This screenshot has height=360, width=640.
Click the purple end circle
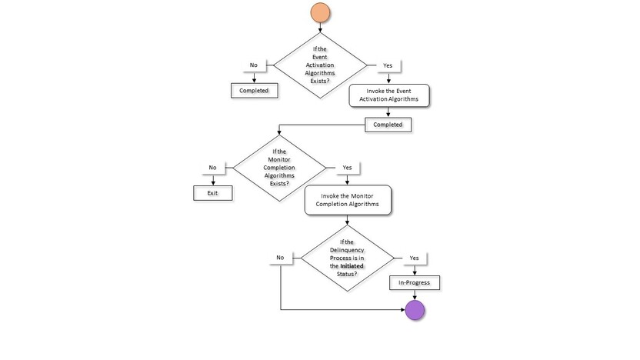click(415, 310)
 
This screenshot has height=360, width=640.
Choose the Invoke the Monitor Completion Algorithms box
click(348, 200)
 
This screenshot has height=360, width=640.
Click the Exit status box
click(212, 193)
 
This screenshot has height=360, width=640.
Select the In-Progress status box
click(415, 282)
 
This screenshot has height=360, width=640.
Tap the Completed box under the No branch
click(253, 90)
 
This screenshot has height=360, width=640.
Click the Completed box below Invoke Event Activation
click(388, 124)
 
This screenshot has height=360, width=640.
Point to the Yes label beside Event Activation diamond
click(387, 66)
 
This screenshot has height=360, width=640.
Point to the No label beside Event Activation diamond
click(253, 66)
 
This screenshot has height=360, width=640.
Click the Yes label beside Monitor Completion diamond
click(347, 168)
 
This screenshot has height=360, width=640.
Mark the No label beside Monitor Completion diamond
click(212, 168)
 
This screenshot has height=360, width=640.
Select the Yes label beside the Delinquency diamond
click(415, 258)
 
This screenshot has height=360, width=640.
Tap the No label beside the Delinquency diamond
click(281, 258)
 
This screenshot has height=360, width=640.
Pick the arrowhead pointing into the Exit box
click(212, 183)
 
